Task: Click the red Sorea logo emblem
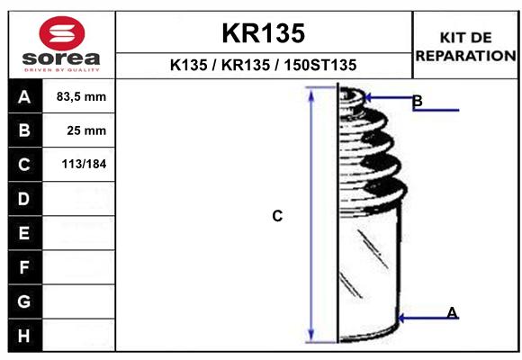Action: click(x=62, y=33)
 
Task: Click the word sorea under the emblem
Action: click(x=61, y=58)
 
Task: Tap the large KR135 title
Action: click(x=264, y=33)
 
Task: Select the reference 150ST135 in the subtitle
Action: click(x=319, y=65)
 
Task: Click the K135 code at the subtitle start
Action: click(x=189, y=65)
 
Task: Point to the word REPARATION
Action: click(x=465, y=56)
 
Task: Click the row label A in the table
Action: click(x=24, y=97)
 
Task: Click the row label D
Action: click(x=24, y=199)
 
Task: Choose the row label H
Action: click(x=24, y=336)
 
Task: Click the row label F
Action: click(x=24, y=267)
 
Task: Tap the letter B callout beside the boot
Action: click(x=418, y=101)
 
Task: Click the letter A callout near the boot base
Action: click(x=452, y=312)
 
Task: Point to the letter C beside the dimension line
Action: click(x=277, y=216)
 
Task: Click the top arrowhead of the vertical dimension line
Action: click(x=311, y=95)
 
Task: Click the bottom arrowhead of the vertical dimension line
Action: click(x=311, y=334)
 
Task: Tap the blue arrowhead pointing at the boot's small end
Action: click(x=368, y=98)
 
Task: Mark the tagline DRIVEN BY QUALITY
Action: click(x=62, y=70)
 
